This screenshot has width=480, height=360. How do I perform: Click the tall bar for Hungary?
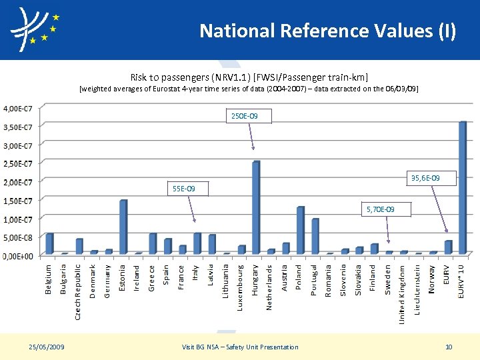point(256,207)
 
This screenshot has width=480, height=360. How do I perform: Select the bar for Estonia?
point(123,227)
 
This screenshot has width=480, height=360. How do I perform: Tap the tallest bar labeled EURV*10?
point(463,187)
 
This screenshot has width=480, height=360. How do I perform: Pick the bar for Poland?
point(300,230)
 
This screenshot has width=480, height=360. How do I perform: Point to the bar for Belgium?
point(49,243)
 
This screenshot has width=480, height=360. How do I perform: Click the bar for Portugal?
point(315,236)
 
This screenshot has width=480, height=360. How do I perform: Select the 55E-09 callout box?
point(184,189)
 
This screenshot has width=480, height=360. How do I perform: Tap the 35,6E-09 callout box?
point(434,178)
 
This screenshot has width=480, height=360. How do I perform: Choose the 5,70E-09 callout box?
point(380,210)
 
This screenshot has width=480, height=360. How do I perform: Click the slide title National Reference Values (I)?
point(327,31)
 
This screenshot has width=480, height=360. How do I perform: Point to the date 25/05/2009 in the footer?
point(47,347)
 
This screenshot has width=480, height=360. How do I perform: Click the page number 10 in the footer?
point(449,347)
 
